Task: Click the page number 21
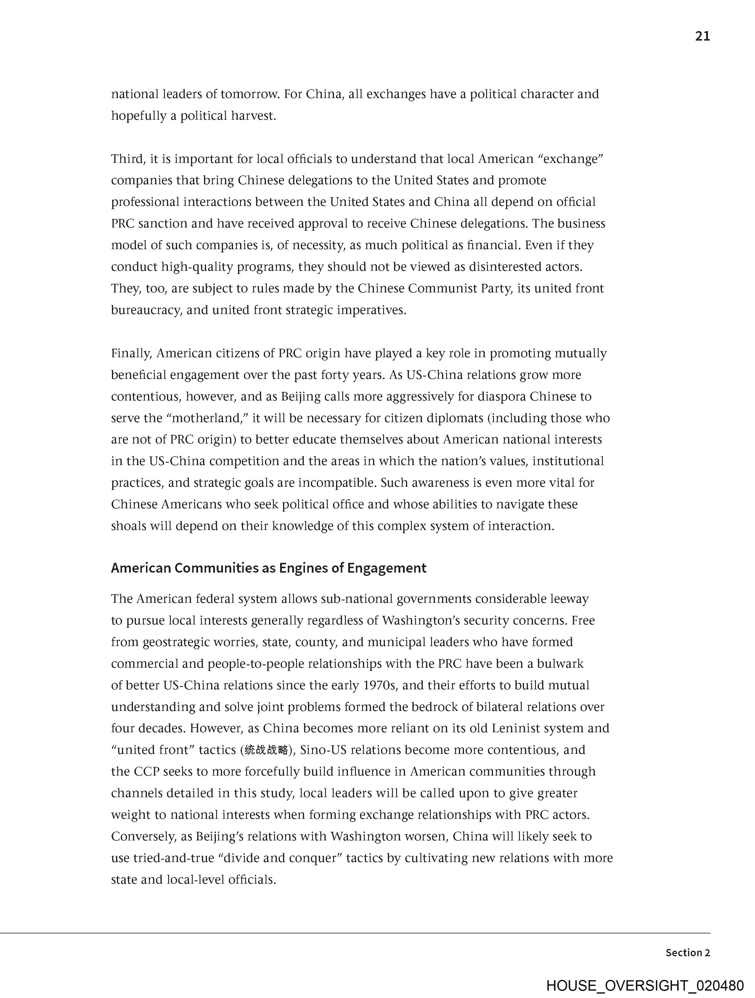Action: point(702,36)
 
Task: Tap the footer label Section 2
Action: point(687,952)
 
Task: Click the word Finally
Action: point(131,353)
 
